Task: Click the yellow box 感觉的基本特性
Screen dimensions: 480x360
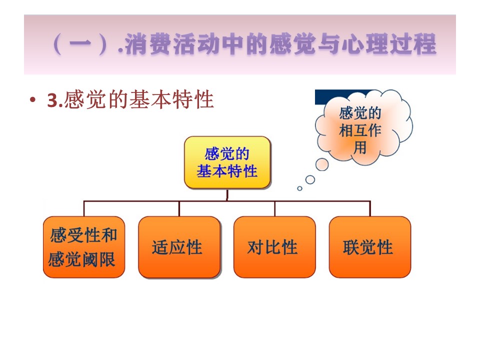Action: (227, 162)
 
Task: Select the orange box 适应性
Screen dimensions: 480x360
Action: (179, 247)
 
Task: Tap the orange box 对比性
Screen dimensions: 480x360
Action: (274, 247)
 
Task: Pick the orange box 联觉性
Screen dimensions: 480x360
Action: (370, 247)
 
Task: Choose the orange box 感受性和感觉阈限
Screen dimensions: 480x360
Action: (84, 247)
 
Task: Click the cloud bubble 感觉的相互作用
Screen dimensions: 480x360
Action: (363, 127)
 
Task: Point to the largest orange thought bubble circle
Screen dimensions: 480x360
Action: (322, 164)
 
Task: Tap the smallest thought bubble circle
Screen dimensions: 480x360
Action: (299, 188)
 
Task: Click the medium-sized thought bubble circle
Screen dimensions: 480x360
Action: (310, 179)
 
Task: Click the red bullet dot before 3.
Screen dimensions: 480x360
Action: (32, 100)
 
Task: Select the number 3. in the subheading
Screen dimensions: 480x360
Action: (55, 100)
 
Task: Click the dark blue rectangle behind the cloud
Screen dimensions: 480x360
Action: (336, 97)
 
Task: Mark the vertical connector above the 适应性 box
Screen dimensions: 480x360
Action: (179, 209)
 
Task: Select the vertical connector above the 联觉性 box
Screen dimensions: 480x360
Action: (370, 209)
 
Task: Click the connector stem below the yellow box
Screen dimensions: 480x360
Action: (227, 194)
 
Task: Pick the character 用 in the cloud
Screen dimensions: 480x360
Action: (360, 148)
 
